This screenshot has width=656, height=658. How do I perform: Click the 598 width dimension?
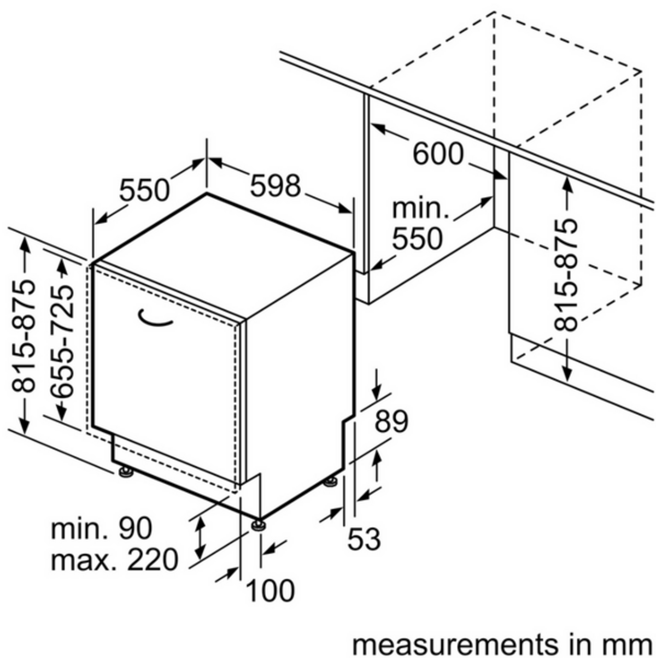click(x=275, y=186)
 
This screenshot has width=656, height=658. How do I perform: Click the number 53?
click(x=364, y=539)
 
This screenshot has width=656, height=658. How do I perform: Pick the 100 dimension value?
click(x=270, y=590)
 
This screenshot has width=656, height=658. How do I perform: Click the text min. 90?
click(x=102, y=528)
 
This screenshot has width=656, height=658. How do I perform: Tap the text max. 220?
click(x=114, y=559)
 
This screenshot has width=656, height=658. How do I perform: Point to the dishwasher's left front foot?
click(x=126, y=472)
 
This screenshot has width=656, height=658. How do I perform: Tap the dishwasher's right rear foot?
click(x=331, y=482)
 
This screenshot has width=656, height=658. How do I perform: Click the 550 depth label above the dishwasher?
click(x=144, y=190)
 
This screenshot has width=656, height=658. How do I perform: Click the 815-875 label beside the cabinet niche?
click(x=566, y=275)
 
